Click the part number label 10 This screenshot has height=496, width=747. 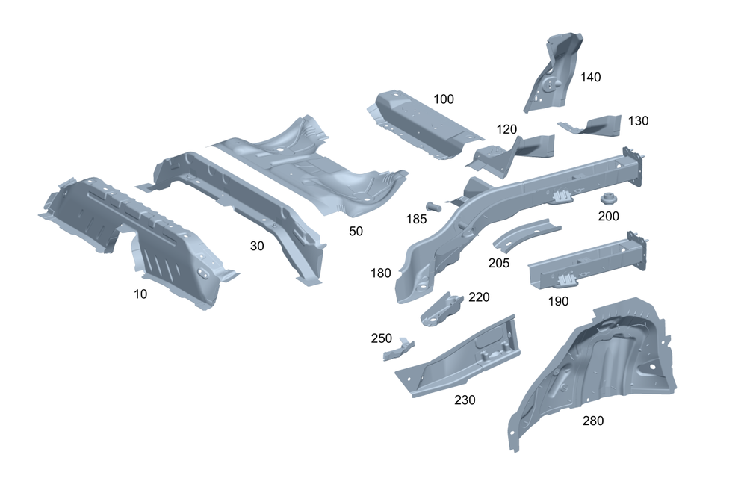[x=140, y=294]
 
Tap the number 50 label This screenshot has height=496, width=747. [x=356, y=232]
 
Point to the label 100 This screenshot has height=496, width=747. [x=443, y=99]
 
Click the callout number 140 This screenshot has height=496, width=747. [x=590, y=77]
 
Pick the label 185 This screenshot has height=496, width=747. [x=417, y=219]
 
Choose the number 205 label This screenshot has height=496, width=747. [x=498, y=263]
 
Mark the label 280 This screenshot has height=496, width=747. [x=593, y=421]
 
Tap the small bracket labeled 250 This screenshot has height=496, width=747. [x=398, y=350]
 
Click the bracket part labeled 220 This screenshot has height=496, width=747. [x=441, y=307]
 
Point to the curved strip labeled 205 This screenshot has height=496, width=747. [x=527, y=234]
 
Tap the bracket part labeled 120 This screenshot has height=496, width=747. [x=515, y=152]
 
